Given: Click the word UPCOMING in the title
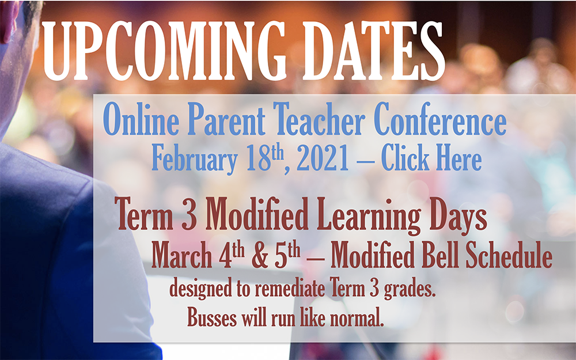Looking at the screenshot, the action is pyautogui.click(x=164, y=50).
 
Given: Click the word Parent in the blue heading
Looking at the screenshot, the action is pyautogui.click(x=226, y=119).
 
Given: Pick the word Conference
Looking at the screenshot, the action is pyautogui.click(x=440, y=119).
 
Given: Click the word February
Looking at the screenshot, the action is pyautogui.click(x=195, y=159).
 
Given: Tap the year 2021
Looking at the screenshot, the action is pyautogui.click(x=323, y=158).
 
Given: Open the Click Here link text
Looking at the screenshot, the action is pyautogui.click(x=431, y=158).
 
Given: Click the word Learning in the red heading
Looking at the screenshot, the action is pyautogui.click(x=369, y=217).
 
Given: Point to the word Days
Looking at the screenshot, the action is pyautogui.click(x=458, y=217).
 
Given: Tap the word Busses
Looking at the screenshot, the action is pyautogui.click(x=212, y=317).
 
